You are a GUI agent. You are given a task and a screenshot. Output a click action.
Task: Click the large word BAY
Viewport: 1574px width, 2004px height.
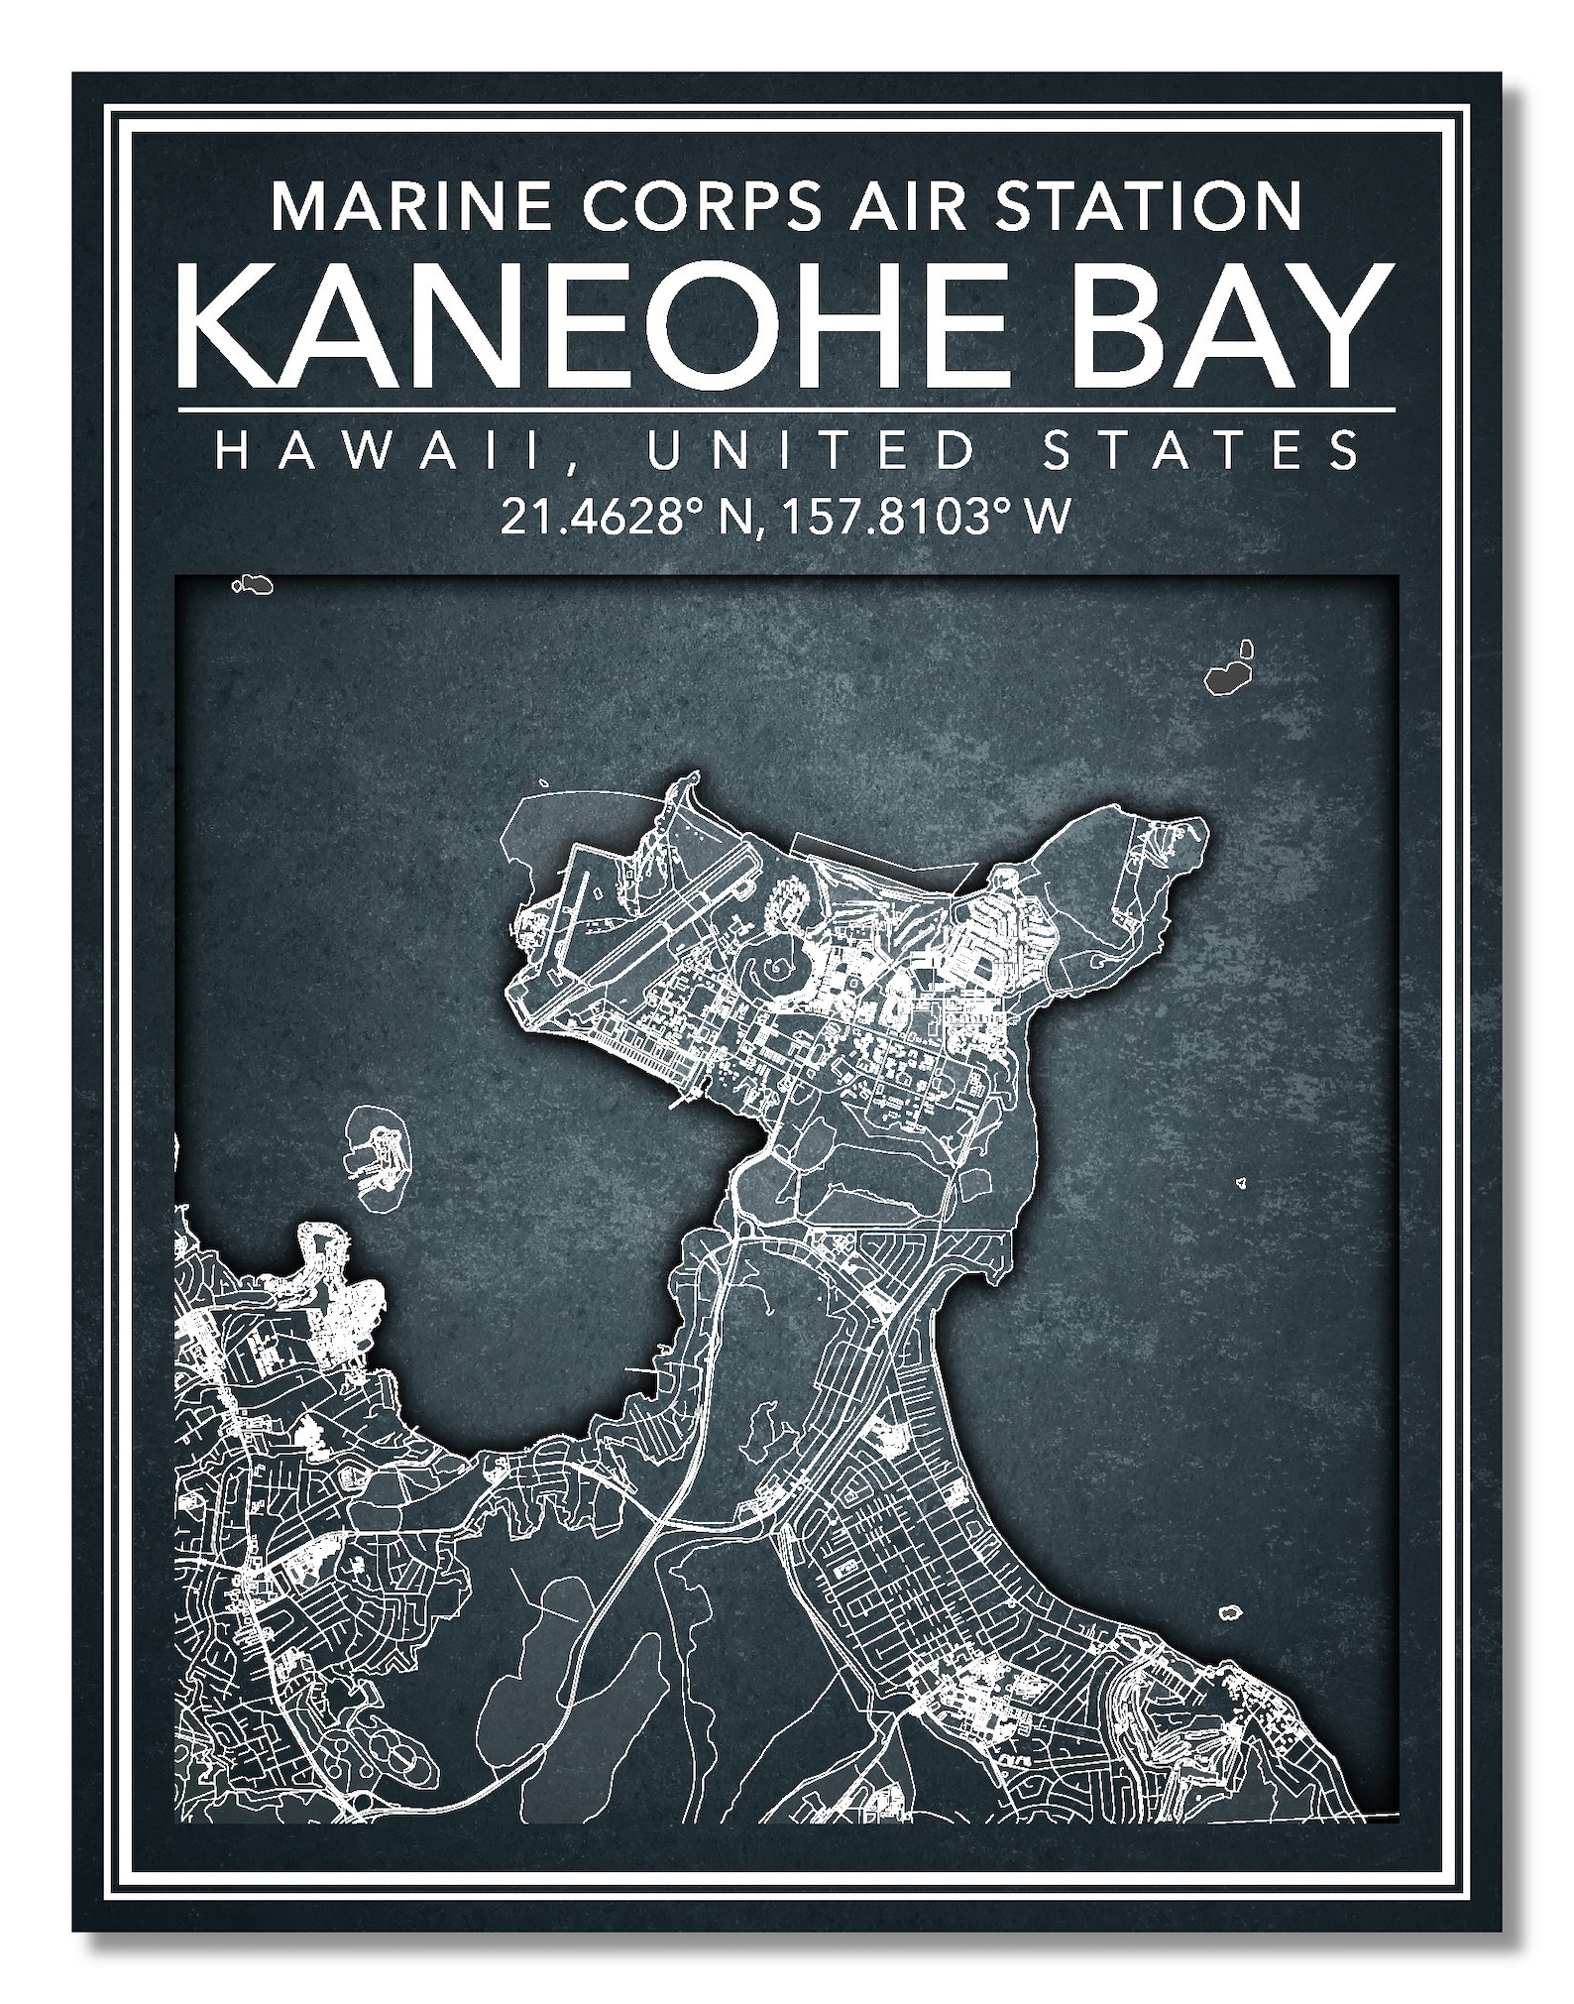pos(1221,328)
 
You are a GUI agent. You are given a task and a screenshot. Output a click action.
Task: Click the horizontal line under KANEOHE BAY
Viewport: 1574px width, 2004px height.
pos(787,409)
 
